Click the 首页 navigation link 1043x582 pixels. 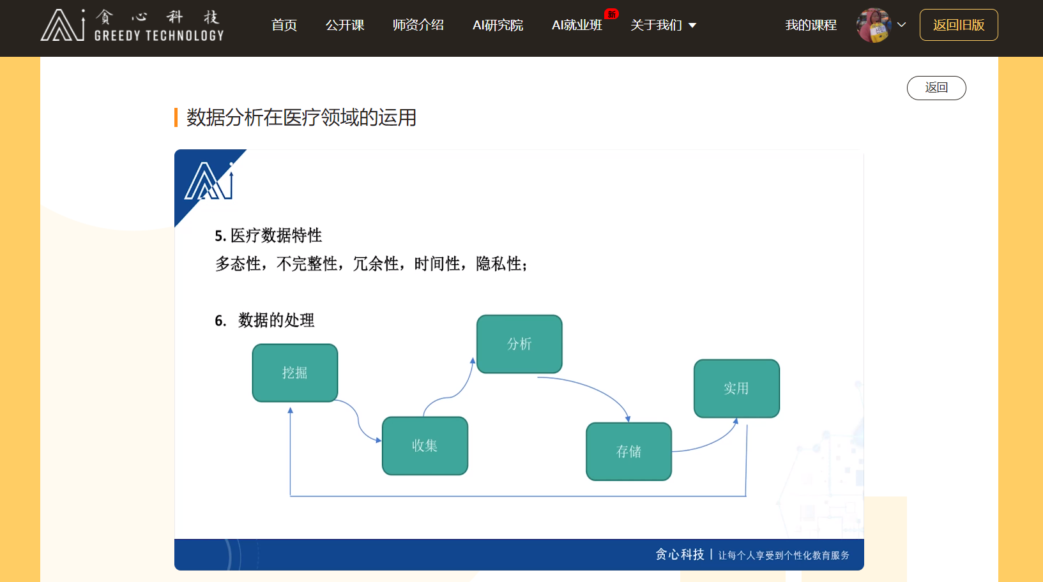(x=284, y=25)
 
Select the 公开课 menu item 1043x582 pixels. (x=345, y=25)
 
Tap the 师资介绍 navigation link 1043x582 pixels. (x=418, y=25)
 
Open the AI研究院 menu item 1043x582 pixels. (x=498, y=25)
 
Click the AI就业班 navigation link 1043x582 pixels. (x=577, y=25)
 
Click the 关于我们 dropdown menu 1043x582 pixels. (x=663, y=25)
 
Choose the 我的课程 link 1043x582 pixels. (x=811, y=25)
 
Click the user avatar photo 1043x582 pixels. (x=873, y=25)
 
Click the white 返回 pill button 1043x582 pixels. (x=936, y=88)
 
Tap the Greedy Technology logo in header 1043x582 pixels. (x=133, y=26)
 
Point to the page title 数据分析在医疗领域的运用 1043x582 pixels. (x=301, y=117)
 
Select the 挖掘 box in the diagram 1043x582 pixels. (x=295, y=373)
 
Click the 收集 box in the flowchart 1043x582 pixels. (x=425, y=445)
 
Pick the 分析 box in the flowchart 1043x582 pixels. (x=519, y=344)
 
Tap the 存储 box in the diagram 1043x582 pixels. (x=628, y=451)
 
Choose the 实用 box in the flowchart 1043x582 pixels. (x=736, y=388)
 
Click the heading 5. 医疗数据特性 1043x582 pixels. (x=268, y=235)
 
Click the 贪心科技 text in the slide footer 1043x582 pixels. (x=680, y=555)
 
